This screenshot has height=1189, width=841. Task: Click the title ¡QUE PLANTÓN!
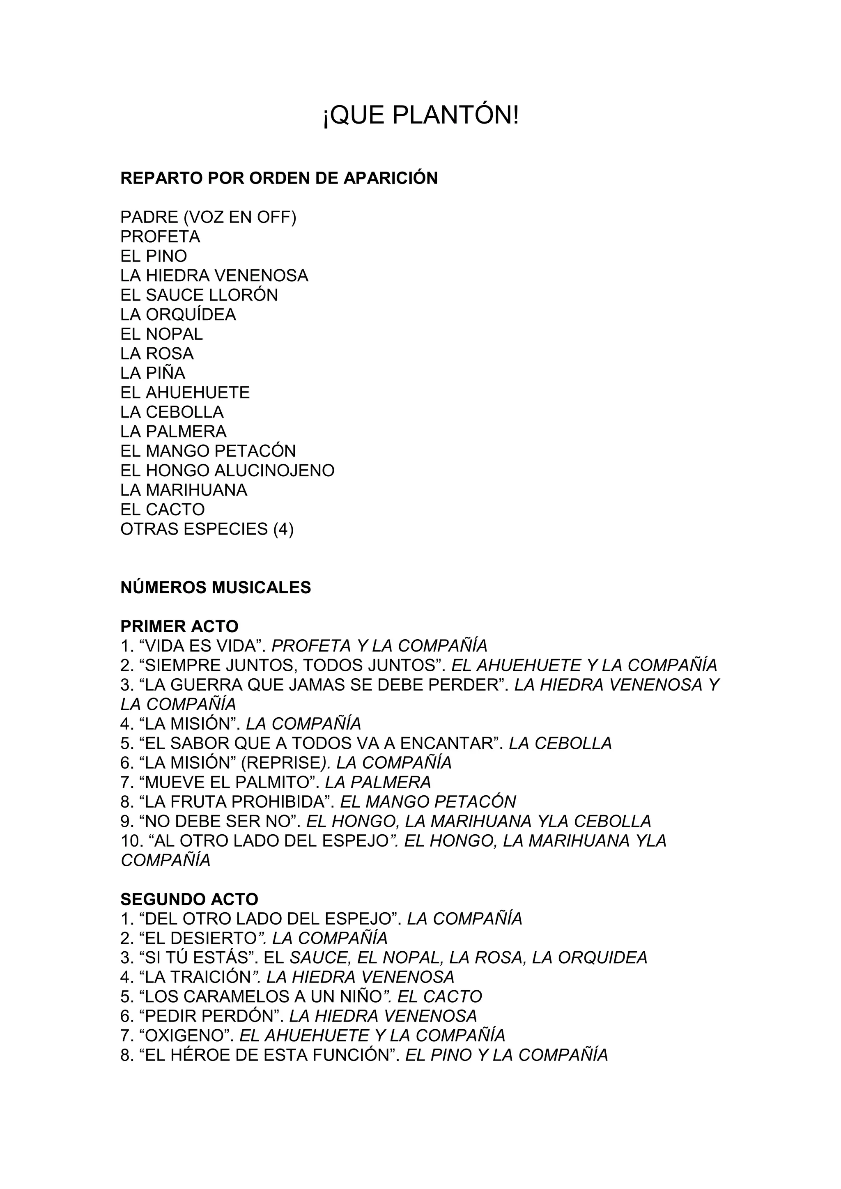point(420,115)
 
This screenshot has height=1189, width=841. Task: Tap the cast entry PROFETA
point(160,236)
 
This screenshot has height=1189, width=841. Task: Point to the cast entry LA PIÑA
point(153,373)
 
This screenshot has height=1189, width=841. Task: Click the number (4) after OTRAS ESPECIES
point(283,529)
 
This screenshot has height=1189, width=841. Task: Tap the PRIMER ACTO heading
point(179,626)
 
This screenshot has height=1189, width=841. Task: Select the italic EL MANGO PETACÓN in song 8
point(428,802)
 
